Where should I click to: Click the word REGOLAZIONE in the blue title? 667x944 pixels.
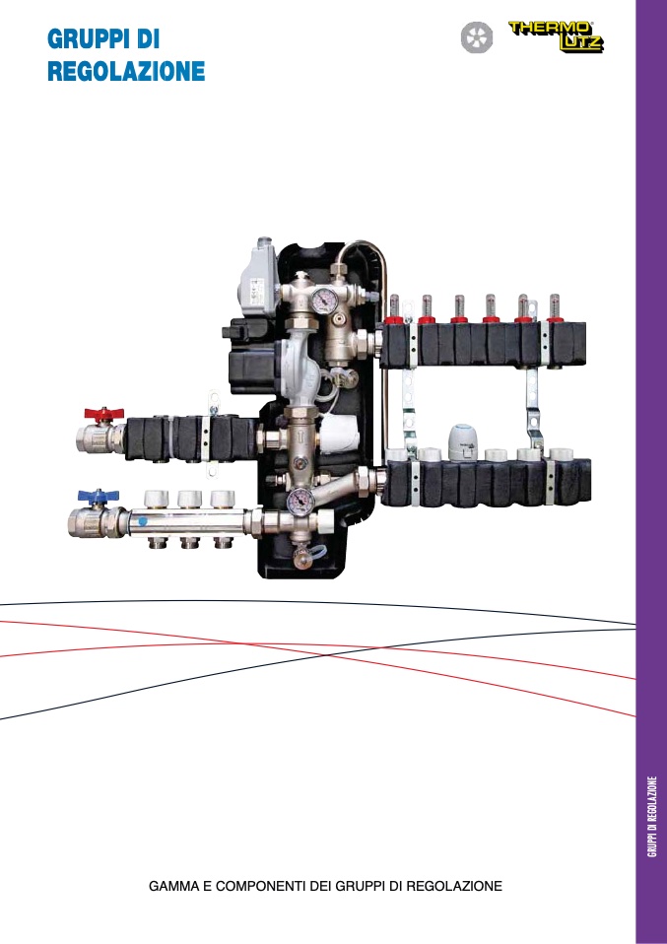[126, 71]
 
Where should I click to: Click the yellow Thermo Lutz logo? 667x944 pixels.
[556, 36]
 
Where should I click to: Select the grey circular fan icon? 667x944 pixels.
[477, 37]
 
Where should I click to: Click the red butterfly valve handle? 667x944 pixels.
[103, 414]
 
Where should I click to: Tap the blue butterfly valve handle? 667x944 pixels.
[99, 497]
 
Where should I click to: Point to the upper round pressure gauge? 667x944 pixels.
[324, 298]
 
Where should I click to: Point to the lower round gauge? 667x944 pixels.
[300, 500]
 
